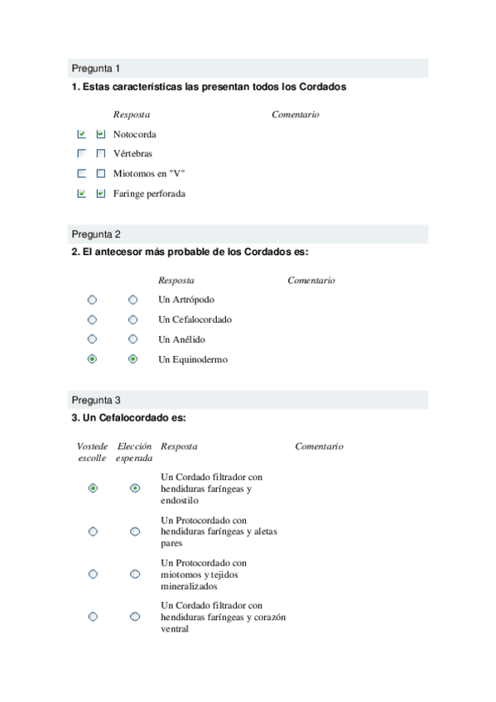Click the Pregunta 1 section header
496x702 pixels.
coord(96,68)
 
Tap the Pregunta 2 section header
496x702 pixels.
coord(96,234)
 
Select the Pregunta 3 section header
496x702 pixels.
coord(96,399)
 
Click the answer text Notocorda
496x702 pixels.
coord(134,134)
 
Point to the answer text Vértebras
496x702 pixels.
coord(132,154)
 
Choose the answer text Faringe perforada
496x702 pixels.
coord(149,194)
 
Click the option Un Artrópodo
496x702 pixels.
coord(185,300)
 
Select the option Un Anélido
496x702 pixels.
coord(181,339)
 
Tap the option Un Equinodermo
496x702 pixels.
coord(192,359)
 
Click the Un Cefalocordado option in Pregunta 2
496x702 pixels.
coord(195,320)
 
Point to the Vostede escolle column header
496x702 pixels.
coord(92,452)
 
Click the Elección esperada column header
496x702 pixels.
coord(134,452)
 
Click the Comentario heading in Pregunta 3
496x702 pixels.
coord(319,446)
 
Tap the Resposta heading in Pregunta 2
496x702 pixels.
coord(176,281)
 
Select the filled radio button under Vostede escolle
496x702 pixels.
coord(93,488)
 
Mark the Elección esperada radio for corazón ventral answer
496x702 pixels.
coord(135,617)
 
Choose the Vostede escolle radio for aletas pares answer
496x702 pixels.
coord(93,531)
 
